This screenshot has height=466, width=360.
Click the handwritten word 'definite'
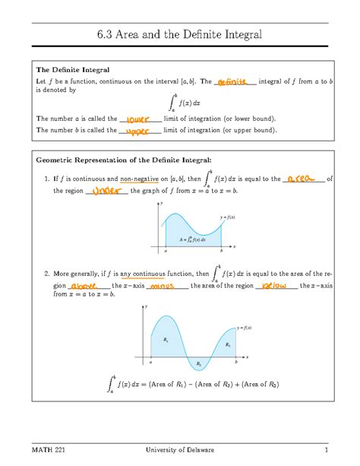pos(232,81)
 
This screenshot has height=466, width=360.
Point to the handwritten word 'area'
pos(302,179)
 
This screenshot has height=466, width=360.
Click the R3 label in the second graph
pos(228,344)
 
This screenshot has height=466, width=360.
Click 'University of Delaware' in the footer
pos(180,451)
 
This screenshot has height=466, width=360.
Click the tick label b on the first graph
pos(220,251)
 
